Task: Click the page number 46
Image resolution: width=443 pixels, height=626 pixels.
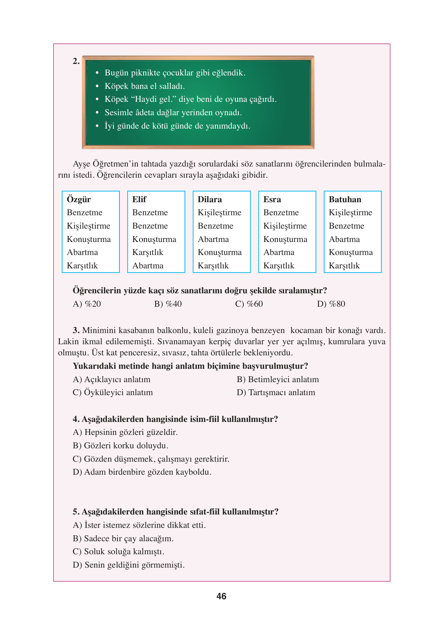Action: pos(221,596)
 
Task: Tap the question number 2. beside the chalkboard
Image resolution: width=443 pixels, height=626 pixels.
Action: pos(76,61)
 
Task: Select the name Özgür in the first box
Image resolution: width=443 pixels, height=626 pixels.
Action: pos(79,199)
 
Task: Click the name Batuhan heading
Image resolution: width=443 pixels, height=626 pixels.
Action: pos(345,199)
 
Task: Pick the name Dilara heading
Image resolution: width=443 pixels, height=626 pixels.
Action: pos(210,199)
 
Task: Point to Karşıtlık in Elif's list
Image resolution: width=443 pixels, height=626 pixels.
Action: pos(148,252)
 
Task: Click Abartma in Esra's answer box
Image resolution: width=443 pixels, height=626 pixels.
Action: pos(279,252)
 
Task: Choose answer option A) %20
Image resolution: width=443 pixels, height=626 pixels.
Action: pos(87,304)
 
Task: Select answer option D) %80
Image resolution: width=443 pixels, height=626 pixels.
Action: pos(331,304)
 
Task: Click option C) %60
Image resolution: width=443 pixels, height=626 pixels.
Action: pos(249,304)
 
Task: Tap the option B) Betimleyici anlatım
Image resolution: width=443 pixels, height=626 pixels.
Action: pos(278,380)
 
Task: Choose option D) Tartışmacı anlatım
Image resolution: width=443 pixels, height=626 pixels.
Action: pos(276,393)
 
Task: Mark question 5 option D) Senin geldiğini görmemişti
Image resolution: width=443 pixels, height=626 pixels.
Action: pos(129,565)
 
